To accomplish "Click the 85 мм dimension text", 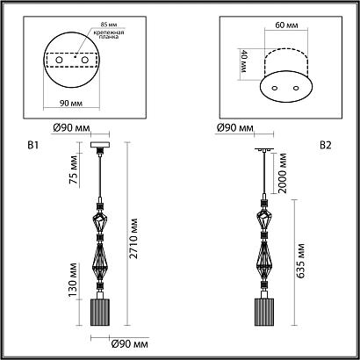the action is point(108,25).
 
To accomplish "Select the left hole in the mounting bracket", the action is point(59,60).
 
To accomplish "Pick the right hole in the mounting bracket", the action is point(85,60).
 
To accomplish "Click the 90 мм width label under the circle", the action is point(71,103).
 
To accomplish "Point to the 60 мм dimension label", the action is point(286,25).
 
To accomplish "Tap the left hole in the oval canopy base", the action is point(275,88).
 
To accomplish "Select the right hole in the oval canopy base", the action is point(296,88).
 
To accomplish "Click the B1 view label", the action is point(32,145).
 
